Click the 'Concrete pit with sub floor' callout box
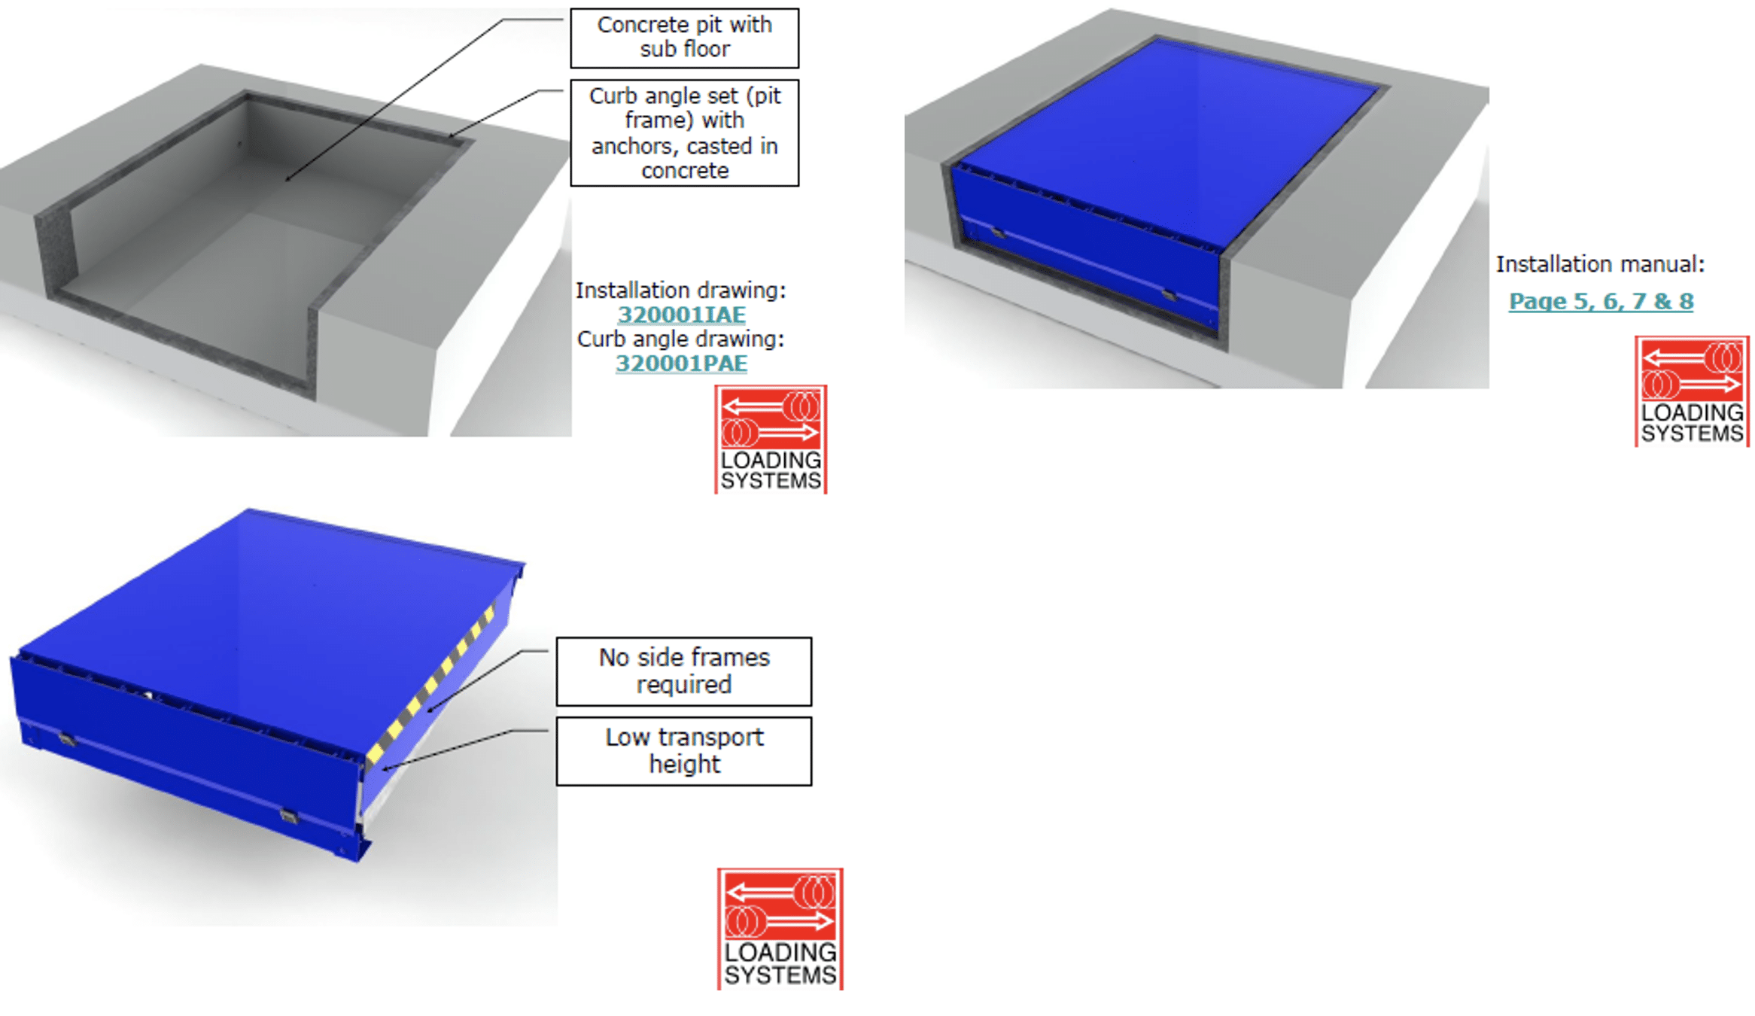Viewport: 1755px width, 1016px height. click(x=684, y=38)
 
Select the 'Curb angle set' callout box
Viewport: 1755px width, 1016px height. click(x=684, y=132)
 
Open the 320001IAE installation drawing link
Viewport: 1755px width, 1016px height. click(x=682, y=315)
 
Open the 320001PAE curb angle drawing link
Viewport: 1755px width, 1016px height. click(x=682, y=364)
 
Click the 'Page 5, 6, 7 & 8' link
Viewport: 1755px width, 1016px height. click(x=1601, y=301)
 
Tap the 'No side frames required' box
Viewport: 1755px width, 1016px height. click(x=684, y=671)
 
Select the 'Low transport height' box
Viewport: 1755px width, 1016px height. click(x=684, y=751)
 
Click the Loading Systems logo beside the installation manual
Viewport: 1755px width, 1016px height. click(x=1692, y=391)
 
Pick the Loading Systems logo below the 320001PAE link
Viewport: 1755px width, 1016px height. click(x=771, y=440)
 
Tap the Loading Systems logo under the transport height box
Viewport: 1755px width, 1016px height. click(x=780, y=929)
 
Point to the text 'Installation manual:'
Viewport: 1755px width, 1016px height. click(x=1600, y=264)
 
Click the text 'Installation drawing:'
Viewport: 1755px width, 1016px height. click(x=681, y=291)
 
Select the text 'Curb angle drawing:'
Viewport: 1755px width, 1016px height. click(x=681, y=339)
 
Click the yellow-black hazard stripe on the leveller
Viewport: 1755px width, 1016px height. click(x=430, y=685)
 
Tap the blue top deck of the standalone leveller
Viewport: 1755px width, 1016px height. click(x=263, y=625)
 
